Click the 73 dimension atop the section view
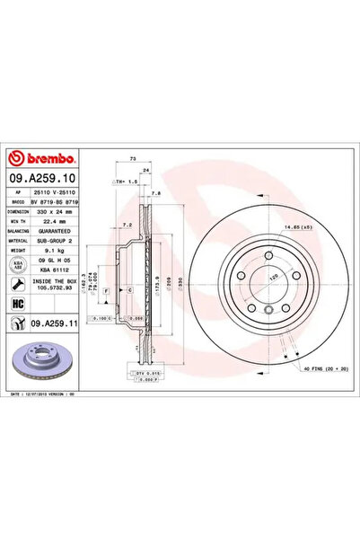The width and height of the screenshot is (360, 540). click(134, 157)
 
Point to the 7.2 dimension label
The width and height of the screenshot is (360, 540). click(127, 224)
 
